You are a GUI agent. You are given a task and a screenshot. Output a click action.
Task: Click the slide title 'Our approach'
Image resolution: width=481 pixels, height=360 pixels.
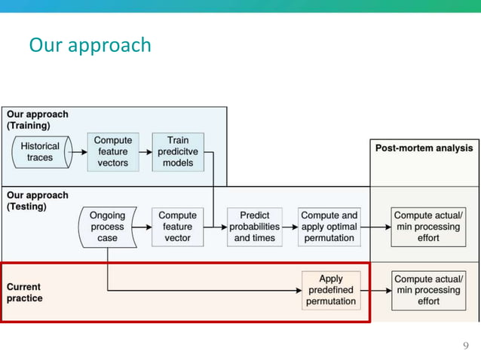90,45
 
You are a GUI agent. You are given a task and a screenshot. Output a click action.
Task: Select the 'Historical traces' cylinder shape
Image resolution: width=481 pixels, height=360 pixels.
41,152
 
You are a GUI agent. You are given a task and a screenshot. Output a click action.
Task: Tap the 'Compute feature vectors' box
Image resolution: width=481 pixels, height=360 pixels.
112,152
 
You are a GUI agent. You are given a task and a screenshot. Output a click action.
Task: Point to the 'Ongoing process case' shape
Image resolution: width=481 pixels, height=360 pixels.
107,227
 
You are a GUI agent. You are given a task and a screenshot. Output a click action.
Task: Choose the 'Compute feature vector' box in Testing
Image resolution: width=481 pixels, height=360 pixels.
177,227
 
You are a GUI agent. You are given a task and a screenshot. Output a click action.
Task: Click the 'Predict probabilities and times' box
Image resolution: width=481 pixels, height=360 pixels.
255,227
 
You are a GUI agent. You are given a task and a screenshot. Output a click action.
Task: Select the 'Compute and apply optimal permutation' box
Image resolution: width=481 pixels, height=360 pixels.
329,227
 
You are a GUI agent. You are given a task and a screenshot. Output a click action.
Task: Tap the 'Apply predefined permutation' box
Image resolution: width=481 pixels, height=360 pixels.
330,290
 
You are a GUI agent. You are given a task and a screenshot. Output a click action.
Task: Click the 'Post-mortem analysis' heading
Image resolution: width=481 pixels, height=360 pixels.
424,148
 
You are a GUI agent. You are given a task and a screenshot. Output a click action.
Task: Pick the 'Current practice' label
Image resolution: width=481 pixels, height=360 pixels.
25,292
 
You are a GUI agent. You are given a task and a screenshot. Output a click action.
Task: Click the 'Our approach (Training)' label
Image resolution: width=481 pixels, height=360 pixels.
37,120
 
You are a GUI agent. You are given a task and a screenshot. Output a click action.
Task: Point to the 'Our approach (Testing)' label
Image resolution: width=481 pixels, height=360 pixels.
37,200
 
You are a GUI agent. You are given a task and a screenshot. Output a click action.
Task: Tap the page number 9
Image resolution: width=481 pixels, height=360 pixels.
465,346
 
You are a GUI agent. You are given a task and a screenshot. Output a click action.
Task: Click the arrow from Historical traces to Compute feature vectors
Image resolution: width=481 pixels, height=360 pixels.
78,152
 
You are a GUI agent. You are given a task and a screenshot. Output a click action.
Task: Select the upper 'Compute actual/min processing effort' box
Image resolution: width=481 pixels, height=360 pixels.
427,227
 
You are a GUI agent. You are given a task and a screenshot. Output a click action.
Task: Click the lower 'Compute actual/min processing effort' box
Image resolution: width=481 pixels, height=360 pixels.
427,290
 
